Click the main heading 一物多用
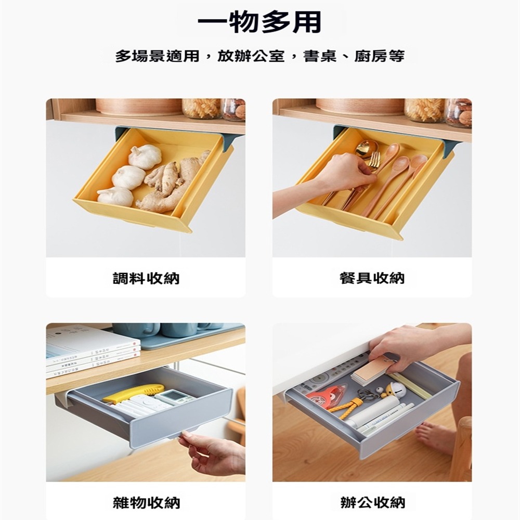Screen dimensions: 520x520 259,22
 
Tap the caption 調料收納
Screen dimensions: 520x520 146,278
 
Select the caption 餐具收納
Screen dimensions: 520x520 372,278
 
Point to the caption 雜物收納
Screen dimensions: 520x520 146,503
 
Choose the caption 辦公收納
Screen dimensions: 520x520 372,503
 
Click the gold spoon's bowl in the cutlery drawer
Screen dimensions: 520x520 367,148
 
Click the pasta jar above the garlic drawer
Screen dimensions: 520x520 201,108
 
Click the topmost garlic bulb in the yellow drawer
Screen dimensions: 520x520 145,157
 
